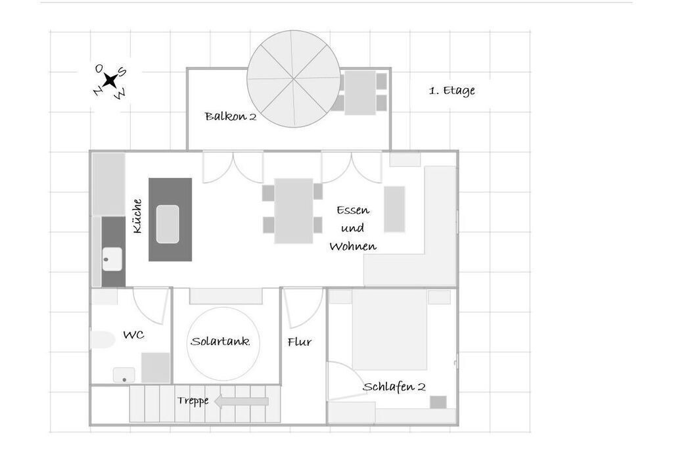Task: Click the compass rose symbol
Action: (110, 80)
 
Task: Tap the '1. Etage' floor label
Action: (452, 91)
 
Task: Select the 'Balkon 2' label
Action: (231, 116)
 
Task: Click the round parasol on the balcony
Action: (294, 79)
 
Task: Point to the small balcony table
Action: (360, 93)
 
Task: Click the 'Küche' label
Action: (137, 216)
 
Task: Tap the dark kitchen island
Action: (170, 220)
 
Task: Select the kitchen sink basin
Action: (112, 259)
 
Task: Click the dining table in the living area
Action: (294, 211)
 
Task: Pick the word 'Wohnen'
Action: (353, 247)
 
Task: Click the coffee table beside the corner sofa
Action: (394, 209)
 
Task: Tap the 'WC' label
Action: (133, 335)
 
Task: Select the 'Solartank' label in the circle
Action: (221, 342)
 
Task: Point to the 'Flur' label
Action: (300, 342)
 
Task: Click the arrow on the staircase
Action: (241, 402)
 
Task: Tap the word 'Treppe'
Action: (193, 401)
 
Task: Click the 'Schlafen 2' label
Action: (394, 387)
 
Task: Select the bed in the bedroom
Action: (390, 329)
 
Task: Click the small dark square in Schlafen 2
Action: (438, 402)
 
